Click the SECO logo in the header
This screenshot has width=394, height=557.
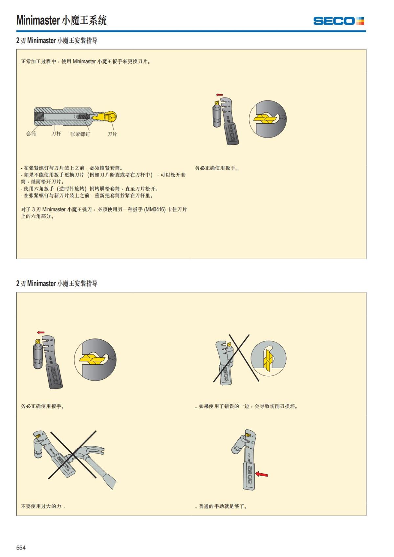(x=339, y=21)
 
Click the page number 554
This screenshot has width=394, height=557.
(x=21, y=547)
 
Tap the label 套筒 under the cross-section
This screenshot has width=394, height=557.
(x=31, y=134)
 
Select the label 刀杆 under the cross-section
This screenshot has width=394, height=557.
(x=56, y=134)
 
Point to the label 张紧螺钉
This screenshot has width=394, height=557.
(x=80, y=134)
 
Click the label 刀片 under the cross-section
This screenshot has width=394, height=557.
(x=112, y=134)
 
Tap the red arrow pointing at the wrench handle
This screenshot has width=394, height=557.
(x=262, y=474)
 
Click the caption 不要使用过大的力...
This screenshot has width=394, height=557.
(x=43, y=506)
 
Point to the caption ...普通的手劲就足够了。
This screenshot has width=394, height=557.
(x=221, y=506)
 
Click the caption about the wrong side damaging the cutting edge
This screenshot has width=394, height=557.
(x=246, y=406)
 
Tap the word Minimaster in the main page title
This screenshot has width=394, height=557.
(x=38, y=20)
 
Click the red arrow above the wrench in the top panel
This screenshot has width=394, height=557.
(x=219, y=95)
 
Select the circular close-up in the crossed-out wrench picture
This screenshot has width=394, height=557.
(x=269, y=358)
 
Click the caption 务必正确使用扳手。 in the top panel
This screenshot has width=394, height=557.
(x=217, y=168)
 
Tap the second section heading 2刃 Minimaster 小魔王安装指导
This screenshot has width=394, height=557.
(x=57, y=283)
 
